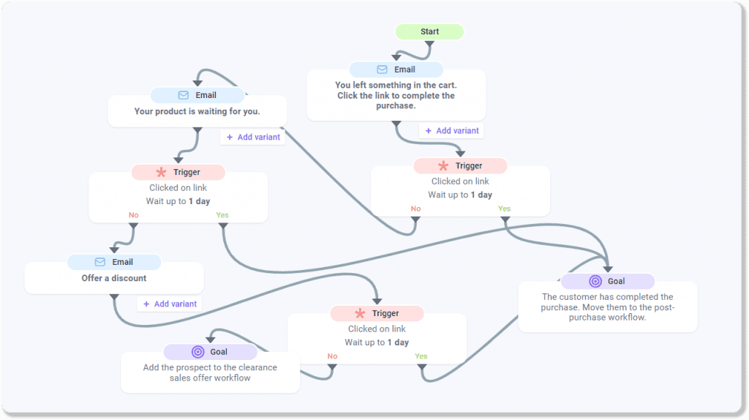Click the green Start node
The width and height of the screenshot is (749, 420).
pyautogui.click(x=429, y=31)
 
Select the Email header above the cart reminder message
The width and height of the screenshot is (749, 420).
pyautogui.click(x=396, y=70)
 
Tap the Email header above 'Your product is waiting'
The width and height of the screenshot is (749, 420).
pyautogui.click(x=197, y=95)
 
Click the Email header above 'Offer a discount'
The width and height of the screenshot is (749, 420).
pyautogui.click(x=114, y=262)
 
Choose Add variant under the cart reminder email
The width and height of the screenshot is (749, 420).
pyautogui.click(x=451, y=131)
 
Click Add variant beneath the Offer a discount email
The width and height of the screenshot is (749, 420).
pyautogui.click(x=169, y=304)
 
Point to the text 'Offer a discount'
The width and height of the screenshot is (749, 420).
pyautogui.click(x=113, y=278)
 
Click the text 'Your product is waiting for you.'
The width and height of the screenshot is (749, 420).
pyautogui.click(x=197, y=112)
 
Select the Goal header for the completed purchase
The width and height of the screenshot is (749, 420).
pyautogui.click(x=607, y=281)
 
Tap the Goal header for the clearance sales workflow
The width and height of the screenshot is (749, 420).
pyautogui.click(x=210, y=352)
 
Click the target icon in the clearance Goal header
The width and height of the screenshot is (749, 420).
pyautogui.click(x=197, y=352)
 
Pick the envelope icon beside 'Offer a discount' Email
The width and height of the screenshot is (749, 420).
pyautogui.click(x=99, y=262)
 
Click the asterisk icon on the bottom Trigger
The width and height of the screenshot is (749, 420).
pyautogui.click(x=360, y=313)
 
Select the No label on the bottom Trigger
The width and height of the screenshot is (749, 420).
pyautogui.click(x=332, y=356)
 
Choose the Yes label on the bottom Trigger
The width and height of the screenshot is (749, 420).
pyautogui.click(x=421, y=356)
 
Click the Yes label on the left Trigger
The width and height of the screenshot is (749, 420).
pyautogui.click(x=222, y=215)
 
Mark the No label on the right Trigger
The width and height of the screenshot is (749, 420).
pyautogui.click(x=415, y=209)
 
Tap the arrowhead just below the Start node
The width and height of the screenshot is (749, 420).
pyautogui.click(x=429, y=45)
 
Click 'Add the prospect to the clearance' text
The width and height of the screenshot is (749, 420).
pyautogui.click(x=210, y=367)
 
